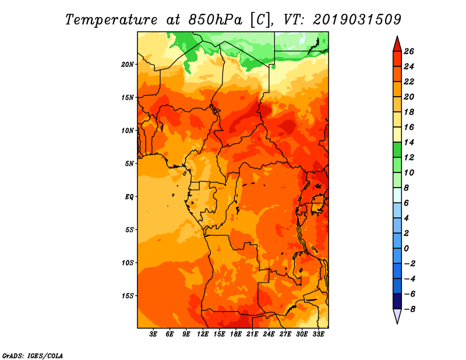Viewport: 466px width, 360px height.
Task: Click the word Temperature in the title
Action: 111,20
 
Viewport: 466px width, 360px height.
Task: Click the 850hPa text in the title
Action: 215,20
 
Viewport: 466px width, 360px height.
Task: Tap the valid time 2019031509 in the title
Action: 357,20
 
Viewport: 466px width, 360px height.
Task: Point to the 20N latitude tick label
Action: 128,65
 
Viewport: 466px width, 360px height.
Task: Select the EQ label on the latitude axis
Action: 129,197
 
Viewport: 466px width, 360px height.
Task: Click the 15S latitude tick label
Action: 128,296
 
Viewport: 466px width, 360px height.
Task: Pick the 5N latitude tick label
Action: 129,164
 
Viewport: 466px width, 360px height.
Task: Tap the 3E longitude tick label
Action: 153,334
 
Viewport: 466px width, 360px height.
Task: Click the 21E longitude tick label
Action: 252,334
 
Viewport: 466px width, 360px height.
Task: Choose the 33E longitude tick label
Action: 318,334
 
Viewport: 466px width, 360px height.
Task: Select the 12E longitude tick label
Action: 203,334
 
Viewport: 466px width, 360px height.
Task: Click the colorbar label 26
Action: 409,52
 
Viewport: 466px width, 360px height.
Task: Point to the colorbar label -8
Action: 409,309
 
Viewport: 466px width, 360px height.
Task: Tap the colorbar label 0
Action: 406,249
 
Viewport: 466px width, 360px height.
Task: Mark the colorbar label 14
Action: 409,142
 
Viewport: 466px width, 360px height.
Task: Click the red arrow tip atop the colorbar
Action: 397,36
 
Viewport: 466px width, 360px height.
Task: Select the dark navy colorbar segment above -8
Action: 397,301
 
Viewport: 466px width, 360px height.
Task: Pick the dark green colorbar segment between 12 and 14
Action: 397,150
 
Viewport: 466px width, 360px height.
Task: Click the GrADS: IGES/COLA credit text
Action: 33,356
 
